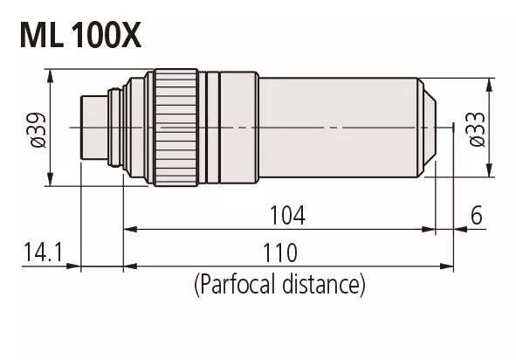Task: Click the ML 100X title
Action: click(x=80, y=35)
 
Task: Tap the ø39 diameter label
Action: click(x=38, y=130)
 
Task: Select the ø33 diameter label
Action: click(x=478, y=129)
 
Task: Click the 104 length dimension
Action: click(x=287, y=216)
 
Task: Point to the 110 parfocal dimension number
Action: click(x=280, y=253)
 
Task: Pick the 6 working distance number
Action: click(x=477, y=216)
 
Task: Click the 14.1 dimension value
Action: click(x=43, y=252)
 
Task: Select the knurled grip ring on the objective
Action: click(x=176, y=128)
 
